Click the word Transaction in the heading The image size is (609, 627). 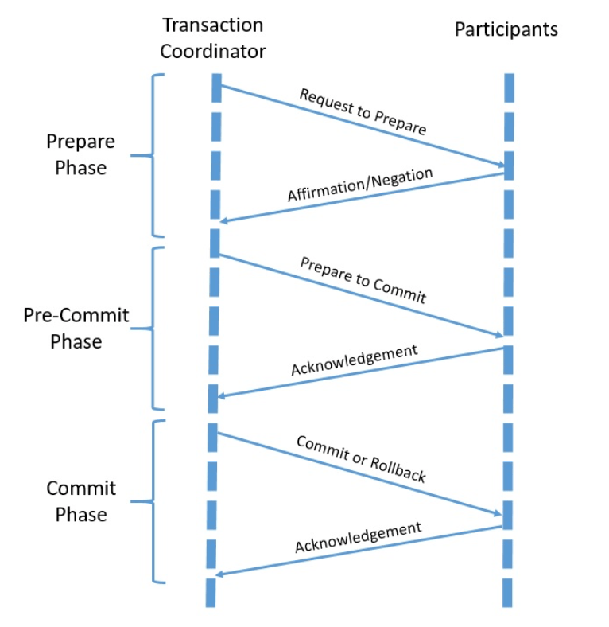(x=212, y=25)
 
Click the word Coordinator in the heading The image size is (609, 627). (x=212, y=52)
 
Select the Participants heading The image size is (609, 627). (x=506, y=30)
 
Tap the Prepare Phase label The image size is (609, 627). (x=80, y=154)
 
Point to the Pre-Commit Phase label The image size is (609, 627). (x=76, y=328)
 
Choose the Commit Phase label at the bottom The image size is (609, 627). (x=81, y=501)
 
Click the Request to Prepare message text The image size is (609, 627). (x=363, y=111)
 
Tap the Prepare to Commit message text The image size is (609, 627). (x=363, y=280)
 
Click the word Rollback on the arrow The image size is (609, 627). (x=398, y=470)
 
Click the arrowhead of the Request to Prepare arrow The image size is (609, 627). (x=501, y=166)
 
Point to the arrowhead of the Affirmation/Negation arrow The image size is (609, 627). (x=225, y=220)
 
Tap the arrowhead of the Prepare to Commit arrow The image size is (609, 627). (x=499, y=336)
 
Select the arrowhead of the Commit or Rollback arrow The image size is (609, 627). (x=499, y=515)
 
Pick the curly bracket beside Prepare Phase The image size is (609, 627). (x=155, y=155)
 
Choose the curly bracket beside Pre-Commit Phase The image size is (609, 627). (x=155, y=328)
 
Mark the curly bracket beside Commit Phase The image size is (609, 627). (x=155, y=501)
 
